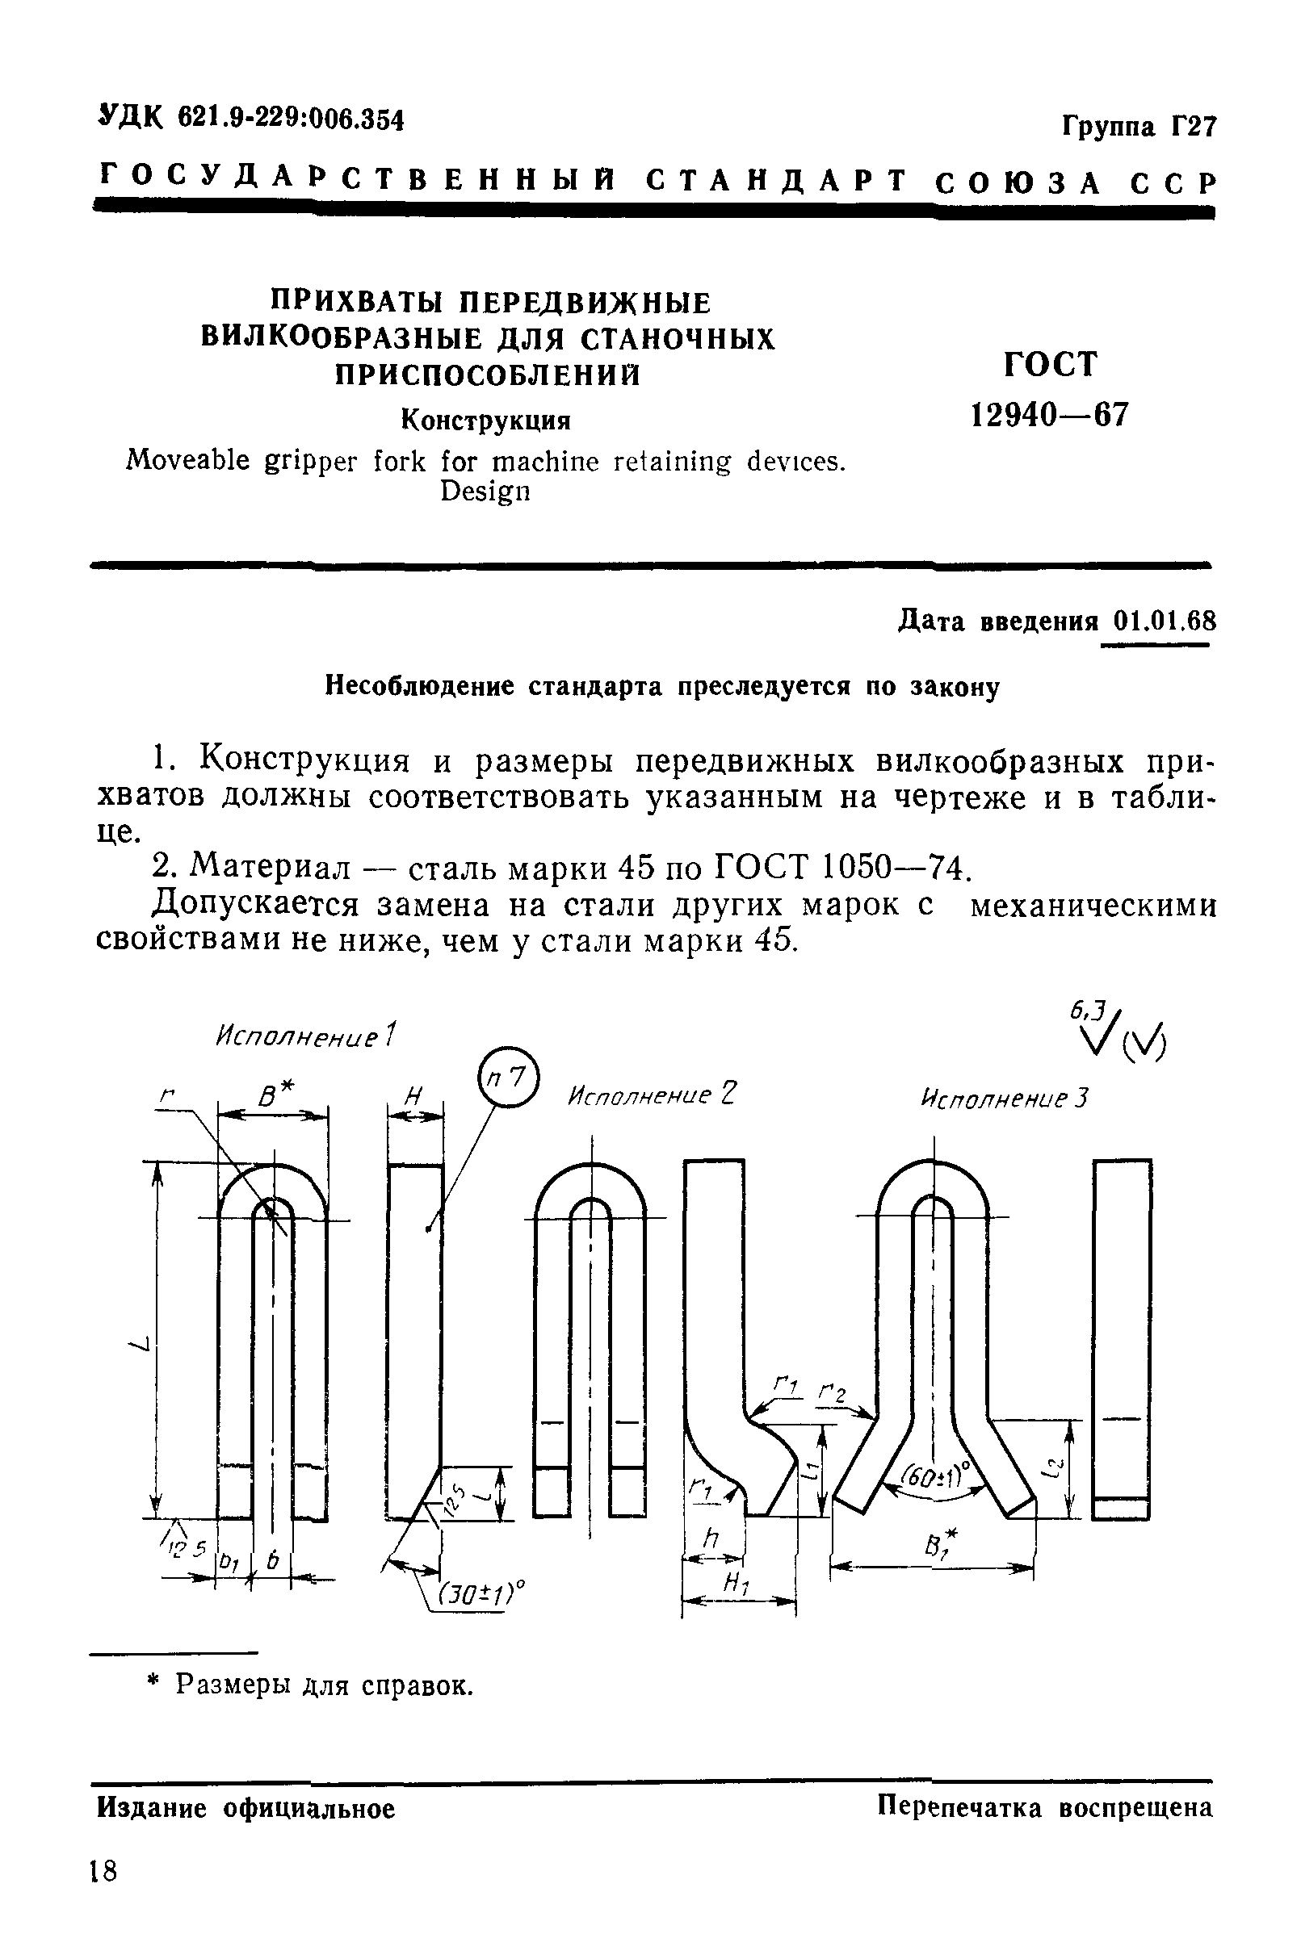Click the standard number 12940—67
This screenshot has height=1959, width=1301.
[x=1050, y=414]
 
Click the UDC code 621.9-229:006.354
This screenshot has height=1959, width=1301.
[x=291, y=119]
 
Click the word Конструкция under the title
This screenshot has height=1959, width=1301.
[x=486, y=421]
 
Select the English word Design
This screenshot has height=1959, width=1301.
[x=485, y=492]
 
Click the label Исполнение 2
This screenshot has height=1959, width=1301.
[x=653, y=1095]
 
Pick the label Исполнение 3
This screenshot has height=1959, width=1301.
[x=1004, y=1099]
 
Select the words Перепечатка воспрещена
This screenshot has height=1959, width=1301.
[x=1046, y=1807]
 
